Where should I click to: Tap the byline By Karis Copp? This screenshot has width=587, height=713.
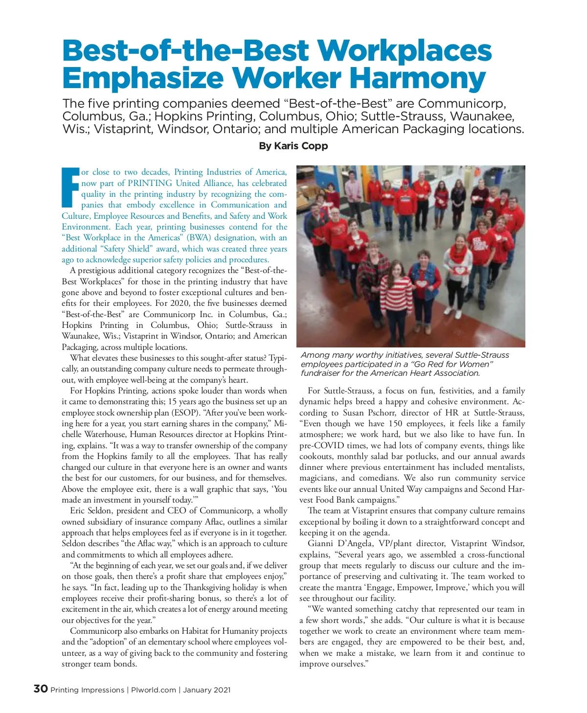click(293, 146)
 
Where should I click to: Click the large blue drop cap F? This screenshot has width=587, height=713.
click(70, 187)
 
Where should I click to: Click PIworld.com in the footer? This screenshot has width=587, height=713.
click(154, 690)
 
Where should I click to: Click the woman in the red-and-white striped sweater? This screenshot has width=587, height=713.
click(401, 289)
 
